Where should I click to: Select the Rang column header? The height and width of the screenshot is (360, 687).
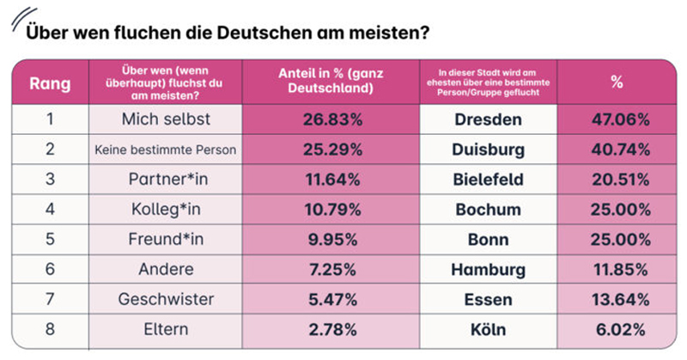[x=50, y=83]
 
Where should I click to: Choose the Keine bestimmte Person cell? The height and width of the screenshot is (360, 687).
[x=165, y=149]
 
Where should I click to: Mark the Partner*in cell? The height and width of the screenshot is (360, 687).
[x=165, y=180]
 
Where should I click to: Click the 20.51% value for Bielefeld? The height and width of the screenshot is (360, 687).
[x=617, y=180]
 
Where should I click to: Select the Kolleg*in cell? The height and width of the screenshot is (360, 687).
[x=165, y=209]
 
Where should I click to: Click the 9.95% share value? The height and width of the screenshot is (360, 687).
[x=331, y=239]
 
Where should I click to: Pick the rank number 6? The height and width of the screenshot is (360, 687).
[x=50, y=269]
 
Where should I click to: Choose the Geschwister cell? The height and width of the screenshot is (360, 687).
[x=165, y=299]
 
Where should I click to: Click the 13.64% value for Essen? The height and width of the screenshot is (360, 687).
[x=617, y=299]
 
